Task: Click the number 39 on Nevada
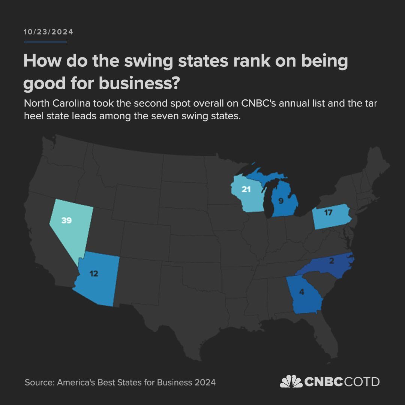[66, 220]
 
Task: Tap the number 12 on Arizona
[94, 274]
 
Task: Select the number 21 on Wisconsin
[246, 190]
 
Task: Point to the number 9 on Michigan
[281, 201]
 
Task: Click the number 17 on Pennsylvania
[328, 213]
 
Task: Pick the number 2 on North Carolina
[331, 261]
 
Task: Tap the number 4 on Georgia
[301, 291]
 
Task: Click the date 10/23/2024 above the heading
[48, 32]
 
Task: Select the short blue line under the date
[45, 42]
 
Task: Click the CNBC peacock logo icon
[291, 382]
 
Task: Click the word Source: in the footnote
[39, 382]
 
